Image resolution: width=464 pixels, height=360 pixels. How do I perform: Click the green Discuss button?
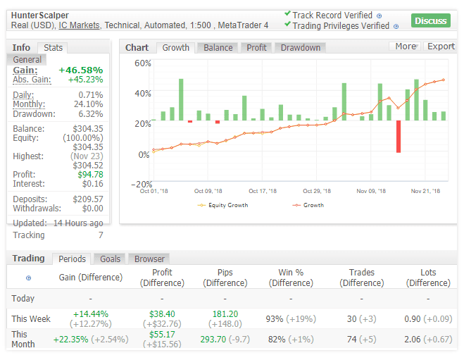(430, 20)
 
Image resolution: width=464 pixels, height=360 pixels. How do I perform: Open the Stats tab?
(53, 48)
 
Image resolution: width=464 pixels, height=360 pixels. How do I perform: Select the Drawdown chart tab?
(300, 48)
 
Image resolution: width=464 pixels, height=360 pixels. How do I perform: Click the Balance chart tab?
(218, 48)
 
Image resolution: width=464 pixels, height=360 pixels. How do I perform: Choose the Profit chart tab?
(256, 48)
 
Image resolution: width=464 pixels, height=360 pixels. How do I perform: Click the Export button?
(441, 46)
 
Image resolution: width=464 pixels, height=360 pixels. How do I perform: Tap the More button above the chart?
(405, 46)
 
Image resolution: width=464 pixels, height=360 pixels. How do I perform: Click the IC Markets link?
(79, 25)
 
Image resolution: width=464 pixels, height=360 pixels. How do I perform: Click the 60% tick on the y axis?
(143, 63)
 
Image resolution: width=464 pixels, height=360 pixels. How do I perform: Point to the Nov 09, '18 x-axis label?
(370, 191)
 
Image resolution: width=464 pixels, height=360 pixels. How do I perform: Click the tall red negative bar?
(399, 136)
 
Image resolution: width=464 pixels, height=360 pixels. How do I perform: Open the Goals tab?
(110, 259)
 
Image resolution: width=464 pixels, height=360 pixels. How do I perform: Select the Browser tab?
(149, 259)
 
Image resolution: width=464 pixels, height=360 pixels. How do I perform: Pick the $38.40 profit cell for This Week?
(162, 314)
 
